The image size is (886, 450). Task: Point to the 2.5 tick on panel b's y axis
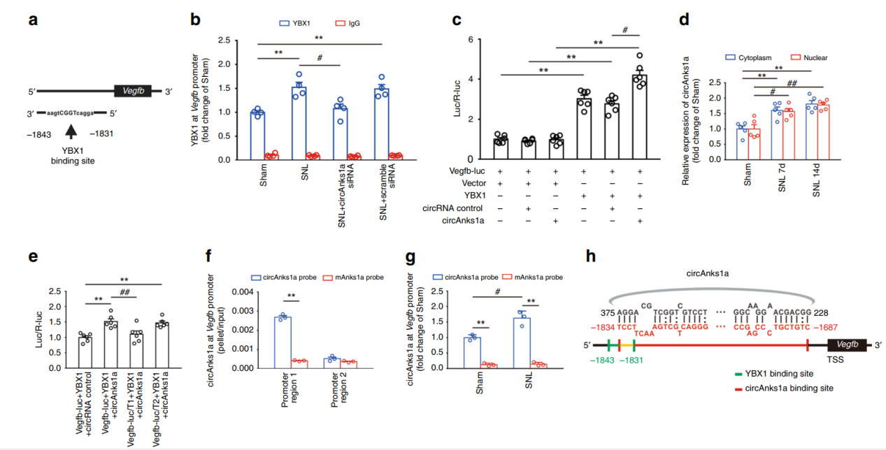tap(240, 41)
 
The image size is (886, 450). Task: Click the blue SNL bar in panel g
tap(521, 343)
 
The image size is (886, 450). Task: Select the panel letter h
tap(592, 256)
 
